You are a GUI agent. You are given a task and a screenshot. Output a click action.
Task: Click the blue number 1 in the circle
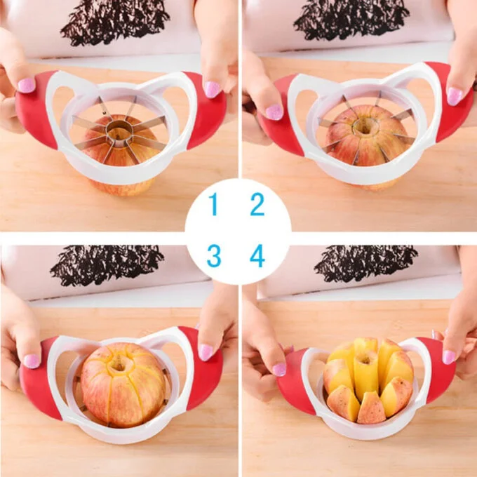(213, 206)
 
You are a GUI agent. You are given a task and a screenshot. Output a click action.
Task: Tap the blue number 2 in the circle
(257, 205)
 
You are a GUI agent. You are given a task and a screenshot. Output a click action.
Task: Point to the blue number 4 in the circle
(257, 256)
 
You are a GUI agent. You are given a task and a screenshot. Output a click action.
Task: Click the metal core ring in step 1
(119, 130)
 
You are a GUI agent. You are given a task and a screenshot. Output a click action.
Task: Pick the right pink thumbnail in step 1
(212, 89)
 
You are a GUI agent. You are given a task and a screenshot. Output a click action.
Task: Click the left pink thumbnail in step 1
(26, 85)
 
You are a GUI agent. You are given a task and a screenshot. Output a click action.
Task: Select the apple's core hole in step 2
(365, 127)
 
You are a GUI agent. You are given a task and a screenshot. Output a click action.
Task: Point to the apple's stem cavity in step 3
(119, 363)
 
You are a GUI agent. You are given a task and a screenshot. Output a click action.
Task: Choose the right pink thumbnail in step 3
(206, 351)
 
